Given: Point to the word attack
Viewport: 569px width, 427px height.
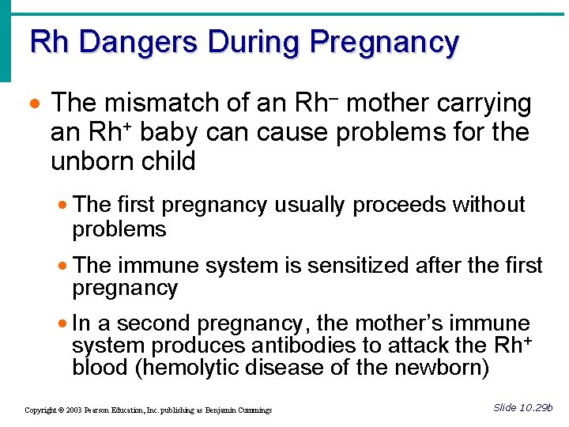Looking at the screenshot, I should [x=423, y=346].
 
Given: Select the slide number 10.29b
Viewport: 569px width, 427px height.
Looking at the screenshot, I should [x=537, y=407].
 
